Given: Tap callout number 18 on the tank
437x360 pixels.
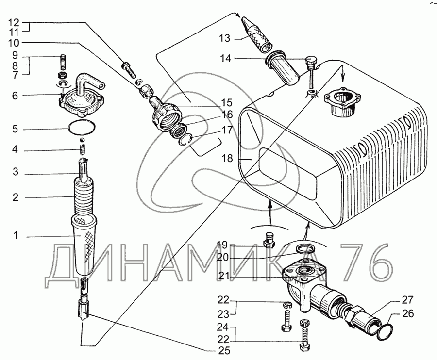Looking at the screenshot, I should pyautogui.click(x=228, y=158).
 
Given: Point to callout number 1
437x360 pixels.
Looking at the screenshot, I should pyautogui.click(x=16, y=236).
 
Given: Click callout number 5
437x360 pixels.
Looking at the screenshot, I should pyautogui.click(x=16, y=130).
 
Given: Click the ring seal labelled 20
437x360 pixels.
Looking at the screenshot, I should pyautogui.click(x=305, y=249).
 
